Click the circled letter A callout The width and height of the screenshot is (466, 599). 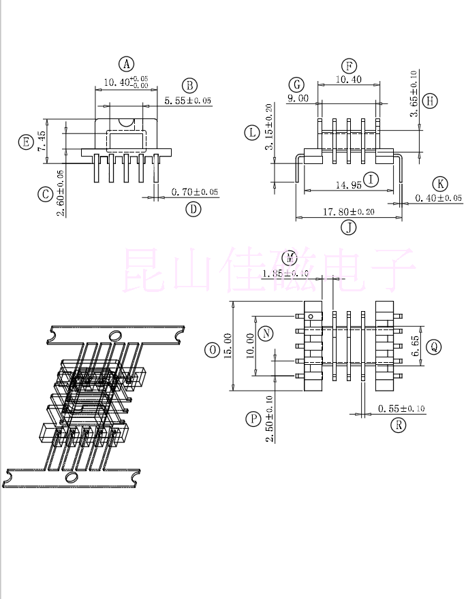[x=127, y=64]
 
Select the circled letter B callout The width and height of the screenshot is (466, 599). [x=189, y=85]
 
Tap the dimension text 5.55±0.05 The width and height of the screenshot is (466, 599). [x=188, y=101]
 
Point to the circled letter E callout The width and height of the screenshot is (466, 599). [x=26, y=142]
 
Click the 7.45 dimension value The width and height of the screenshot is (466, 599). [x=42, y=142]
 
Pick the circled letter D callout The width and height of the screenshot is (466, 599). [x=194, y=209]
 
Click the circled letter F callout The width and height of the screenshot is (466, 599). [x=349, y=66]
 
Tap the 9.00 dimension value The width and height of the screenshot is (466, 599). [x=298, y=98]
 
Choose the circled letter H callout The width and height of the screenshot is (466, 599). [x=429, y=101]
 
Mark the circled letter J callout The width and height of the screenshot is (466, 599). [x=349, y=227]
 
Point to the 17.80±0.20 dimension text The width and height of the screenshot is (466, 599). [x=348, y=212]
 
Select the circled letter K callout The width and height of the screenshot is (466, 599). [x=441, y=183]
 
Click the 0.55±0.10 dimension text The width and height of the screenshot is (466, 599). [x=401, y=408]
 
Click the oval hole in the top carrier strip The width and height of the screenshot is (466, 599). [x=116, y=335]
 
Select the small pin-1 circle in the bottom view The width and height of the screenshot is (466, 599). [x=311, y=316]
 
